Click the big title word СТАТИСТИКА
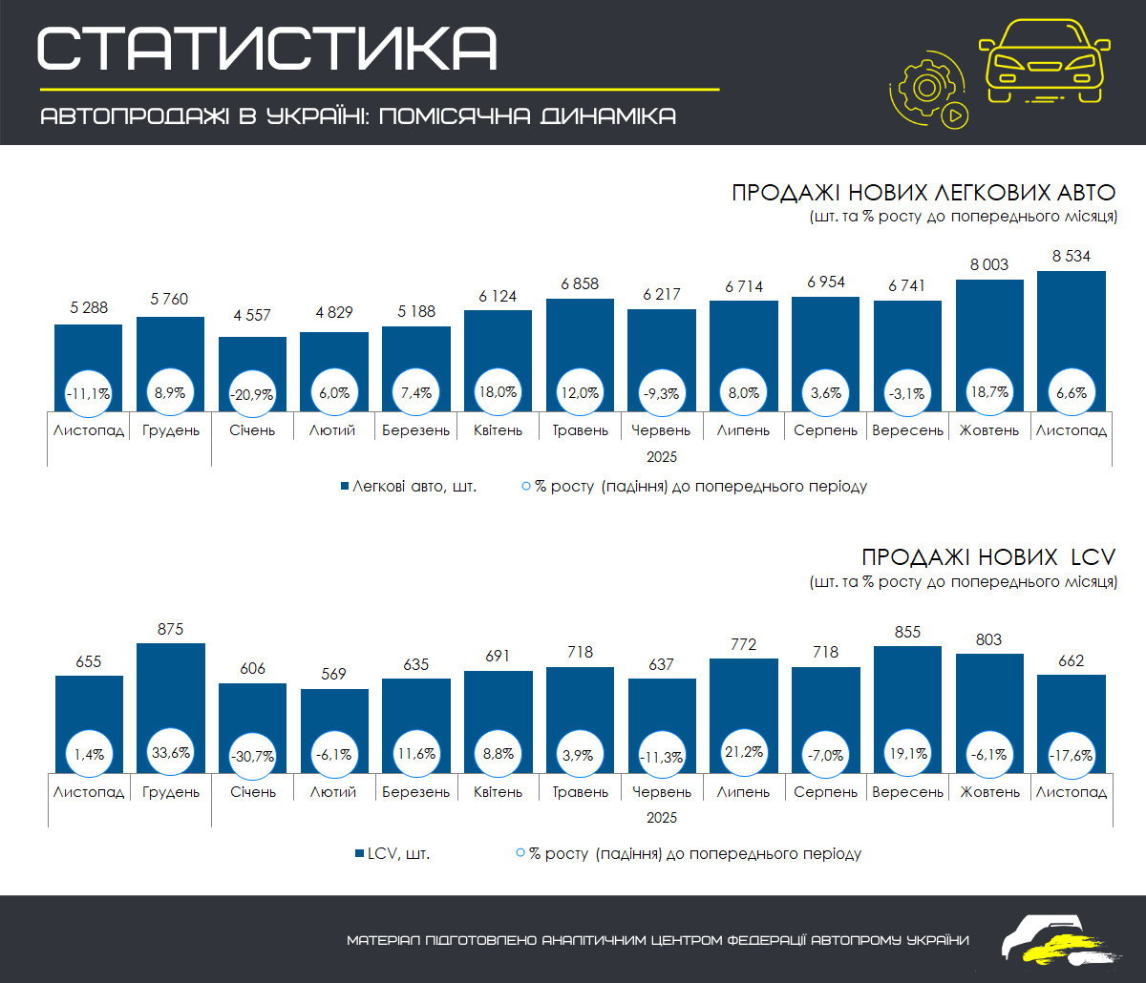[266, 47]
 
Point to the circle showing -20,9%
[252, 392]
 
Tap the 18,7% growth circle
[989, 392]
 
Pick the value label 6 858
[580, 283]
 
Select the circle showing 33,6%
[171, 753]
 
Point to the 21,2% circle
[743, 753]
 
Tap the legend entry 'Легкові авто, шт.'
[409, 486]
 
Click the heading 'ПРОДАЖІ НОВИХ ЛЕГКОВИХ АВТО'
[923, 192]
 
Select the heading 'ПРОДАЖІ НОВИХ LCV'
[988, 557]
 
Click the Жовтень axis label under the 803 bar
[989, 792]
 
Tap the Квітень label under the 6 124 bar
[498, 430]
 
